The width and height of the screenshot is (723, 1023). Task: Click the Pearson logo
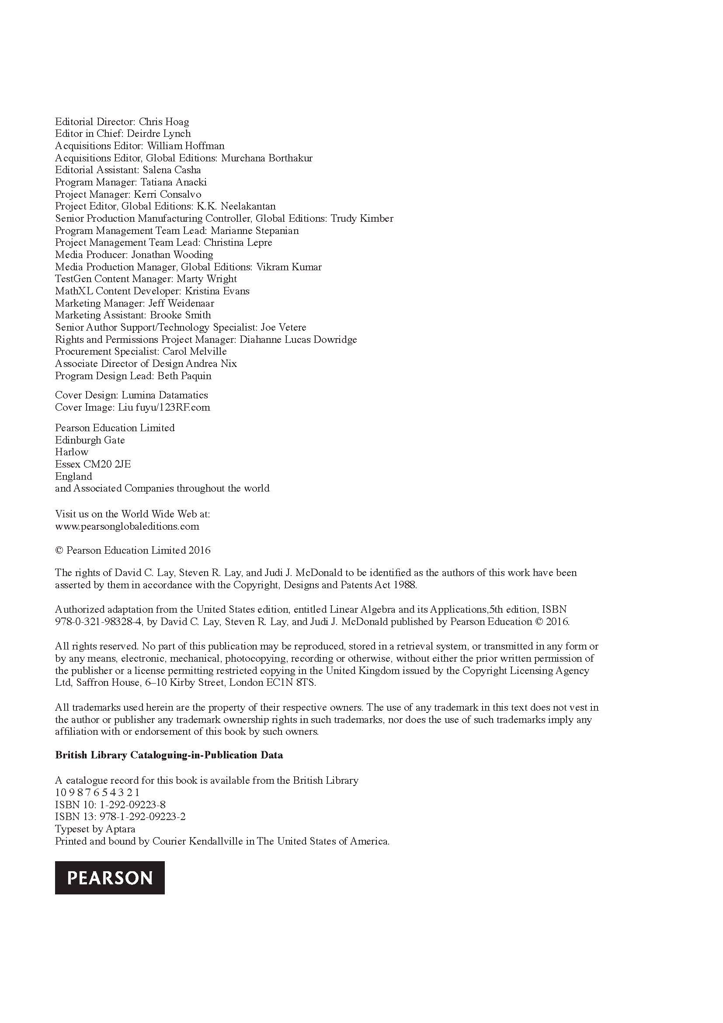110,877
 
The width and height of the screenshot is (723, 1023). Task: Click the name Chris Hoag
164,122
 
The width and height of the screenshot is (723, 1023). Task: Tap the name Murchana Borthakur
267,158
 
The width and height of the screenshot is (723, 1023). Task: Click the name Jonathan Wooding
172,255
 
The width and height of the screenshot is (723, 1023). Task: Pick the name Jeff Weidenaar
181,303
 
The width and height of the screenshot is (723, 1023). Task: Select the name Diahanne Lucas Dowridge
298,339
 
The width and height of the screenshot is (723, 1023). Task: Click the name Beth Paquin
184,376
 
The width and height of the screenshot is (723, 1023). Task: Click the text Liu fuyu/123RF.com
164,407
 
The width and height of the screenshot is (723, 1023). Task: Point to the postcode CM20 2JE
107,464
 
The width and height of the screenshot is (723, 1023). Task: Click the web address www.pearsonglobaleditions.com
127,526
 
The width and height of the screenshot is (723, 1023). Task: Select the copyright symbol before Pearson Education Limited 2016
59,550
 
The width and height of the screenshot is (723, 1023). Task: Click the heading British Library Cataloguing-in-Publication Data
169,755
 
